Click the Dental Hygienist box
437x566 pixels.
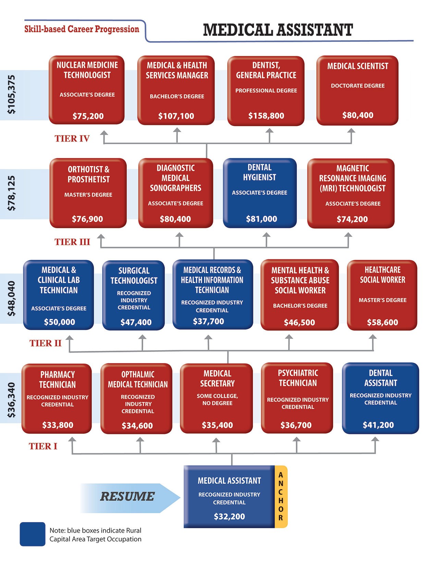point(259,193)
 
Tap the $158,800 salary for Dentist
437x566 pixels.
point(266,116)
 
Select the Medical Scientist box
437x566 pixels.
point(357,90)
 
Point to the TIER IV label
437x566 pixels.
point(72,139)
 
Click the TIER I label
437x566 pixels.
point(43,446)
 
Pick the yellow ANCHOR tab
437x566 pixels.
point(281,496)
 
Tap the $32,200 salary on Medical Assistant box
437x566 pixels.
point(229,516)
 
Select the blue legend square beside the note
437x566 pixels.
point(33,534)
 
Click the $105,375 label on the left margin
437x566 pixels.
point(11,94)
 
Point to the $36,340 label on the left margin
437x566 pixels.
point(11,400)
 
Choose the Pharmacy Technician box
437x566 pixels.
point(57,399)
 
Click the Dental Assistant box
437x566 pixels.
point(380,398)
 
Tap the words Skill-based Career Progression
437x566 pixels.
point(82,29)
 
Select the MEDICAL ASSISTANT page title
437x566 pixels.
point(278,30)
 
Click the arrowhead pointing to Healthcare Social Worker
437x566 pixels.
point(373,337)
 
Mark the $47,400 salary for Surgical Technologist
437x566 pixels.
point(136,322)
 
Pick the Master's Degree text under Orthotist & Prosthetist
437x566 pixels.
point(88,195)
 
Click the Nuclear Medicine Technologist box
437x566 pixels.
point(87,90)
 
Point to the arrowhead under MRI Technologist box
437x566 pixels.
point(348,235)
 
